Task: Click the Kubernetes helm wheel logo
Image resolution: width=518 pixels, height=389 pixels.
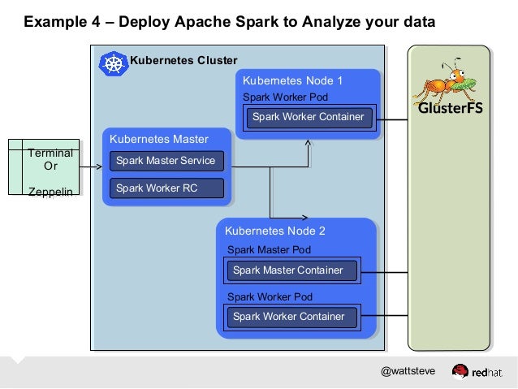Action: [114, 63]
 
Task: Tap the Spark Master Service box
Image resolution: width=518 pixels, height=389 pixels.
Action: [166, 161]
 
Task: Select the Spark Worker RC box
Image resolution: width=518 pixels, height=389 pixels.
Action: [166, 188]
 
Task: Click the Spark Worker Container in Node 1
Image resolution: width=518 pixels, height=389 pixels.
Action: [308, 117]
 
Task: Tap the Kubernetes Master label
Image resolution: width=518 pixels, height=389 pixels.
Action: [159, 139]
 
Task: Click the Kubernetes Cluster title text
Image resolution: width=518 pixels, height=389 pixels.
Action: [183, 60]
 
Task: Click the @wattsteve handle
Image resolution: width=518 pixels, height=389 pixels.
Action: [408, 371]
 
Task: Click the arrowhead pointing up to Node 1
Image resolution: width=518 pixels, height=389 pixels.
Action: [309, 144]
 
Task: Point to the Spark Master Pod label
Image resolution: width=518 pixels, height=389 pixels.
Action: [269, 250]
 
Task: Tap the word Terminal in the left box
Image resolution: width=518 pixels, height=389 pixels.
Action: [50, 153]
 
